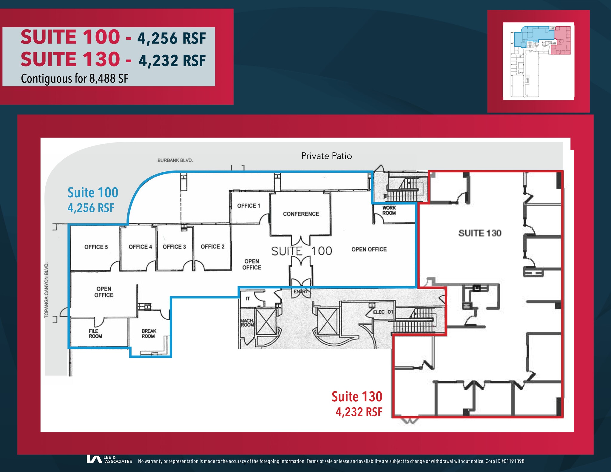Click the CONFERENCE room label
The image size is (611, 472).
tap(301, 214)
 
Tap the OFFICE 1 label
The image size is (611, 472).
tap(249, 206)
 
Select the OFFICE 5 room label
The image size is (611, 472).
tap(96, 247)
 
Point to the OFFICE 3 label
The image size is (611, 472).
tap(174, 247)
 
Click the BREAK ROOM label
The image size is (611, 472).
tap(149, 333)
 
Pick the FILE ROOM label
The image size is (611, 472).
tap(95, 333)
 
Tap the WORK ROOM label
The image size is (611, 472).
tap(389, 210)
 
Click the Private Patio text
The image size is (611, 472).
tap(326, 156)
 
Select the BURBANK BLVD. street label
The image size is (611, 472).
tap(175, 160)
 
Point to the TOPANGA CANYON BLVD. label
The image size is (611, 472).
tap(47, 290)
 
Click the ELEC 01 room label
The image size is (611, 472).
tap(383, 312)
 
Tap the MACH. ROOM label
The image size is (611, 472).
tap(247, 323)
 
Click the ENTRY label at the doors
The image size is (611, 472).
tap(301, 292)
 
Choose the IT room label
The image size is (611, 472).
tap(248, 298)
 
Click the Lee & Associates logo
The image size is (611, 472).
tap(109, 459)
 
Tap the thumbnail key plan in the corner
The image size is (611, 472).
tap(538, 61)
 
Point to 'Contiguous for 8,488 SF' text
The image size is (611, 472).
tap(75, 79)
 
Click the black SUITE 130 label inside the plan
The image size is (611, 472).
tap(480, 233)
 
